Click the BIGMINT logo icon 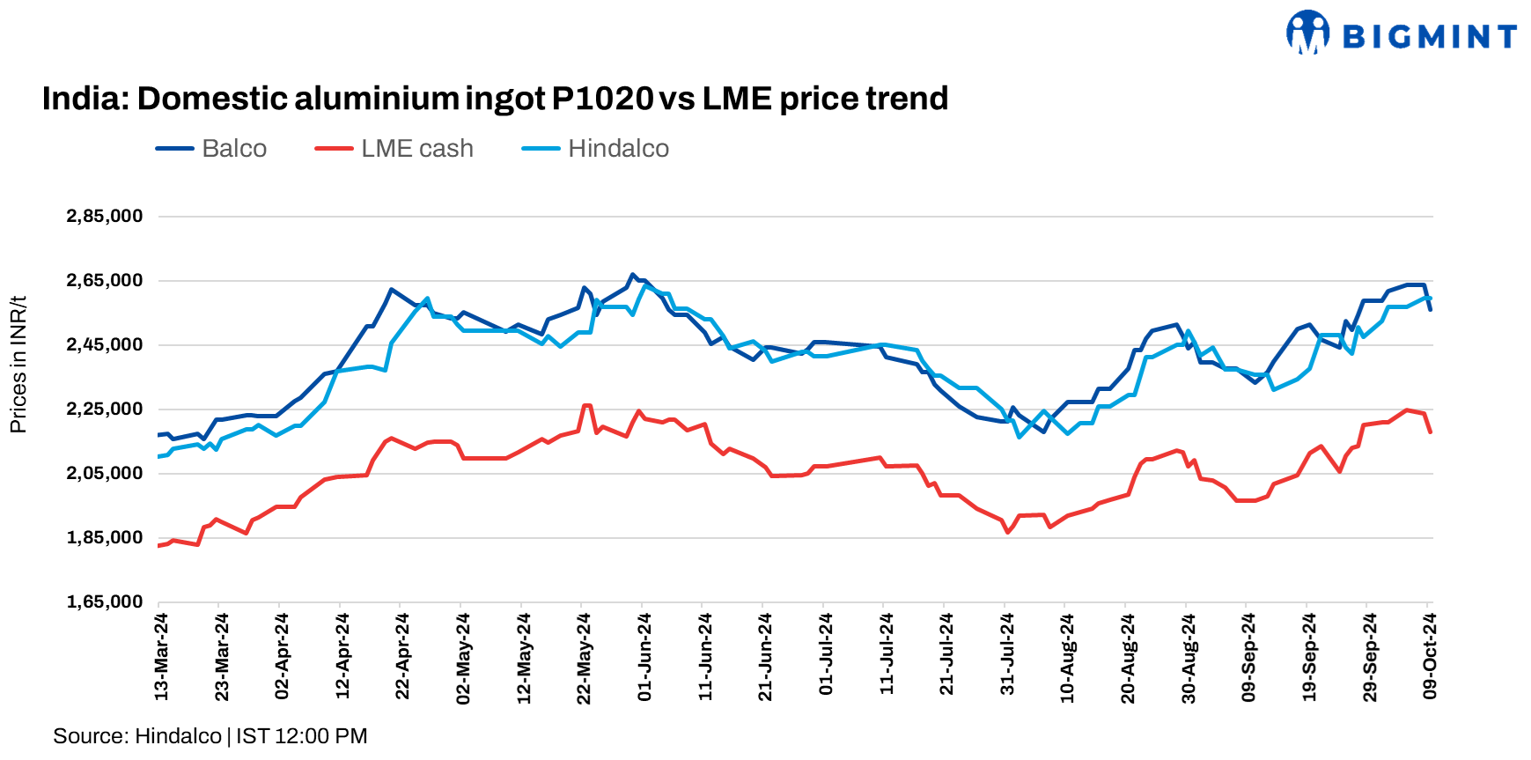pyautogui.click(x=1307, y=33)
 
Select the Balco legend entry pyautogui.click(x=212, y=149)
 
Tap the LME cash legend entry pyautogui.click(x=394, y=149)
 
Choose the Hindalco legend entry pyautogui.click(x=596, y=149)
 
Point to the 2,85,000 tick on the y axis pyautogui.click(x=105, y=217)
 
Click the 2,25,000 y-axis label pyautogui.click(x=105, y=410)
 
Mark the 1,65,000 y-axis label pyautogui.click(x=105, y=602)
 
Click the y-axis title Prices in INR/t pyautogui.click(x=18, y=365)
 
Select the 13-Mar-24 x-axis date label pyautogui.click(x=162, y=657)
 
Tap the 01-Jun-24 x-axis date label pyautogui.click(x=645, y=657)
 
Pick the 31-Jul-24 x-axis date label pyautogui.click(x=1008, y=657)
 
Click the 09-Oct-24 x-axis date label pyautogui.click(x=1431, y=657)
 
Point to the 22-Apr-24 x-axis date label pyautogui.click(x=403, y=657)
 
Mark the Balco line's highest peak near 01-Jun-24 pyautogui.click(x=632, y=275)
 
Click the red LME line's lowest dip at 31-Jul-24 pyautogui.click(x=1008, y=532)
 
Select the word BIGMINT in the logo pyautogui.click(x=1429, y=37)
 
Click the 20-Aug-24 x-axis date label pyautogui.click(x=1129, y=657)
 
